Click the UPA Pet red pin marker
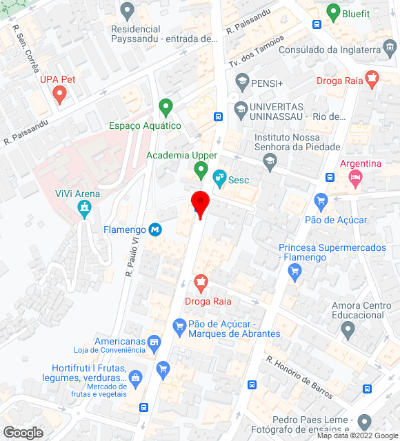coord(59,94)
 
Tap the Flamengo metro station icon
coord(157,230)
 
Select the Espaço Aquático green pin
coord(166,107)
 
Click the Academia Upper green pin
coord(201,168)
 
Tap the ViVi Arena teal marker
coord(85,207)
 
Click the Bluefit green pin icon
coord(333,12)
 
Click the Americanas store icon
coord(154,342)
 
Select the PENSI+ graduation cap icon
coord(241,83)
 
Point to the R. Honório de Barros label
coord(300,378)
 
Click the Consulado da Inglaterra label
coord(330,50)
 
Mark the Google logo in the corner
coord(23,433)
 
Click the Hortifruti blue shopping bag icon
coord(135,378)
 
